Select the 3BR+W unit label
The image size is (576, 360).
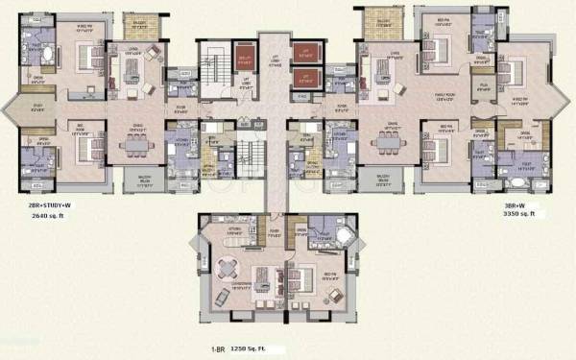point(517,205)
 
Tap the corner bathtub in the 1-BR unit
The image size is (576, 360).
point(342,235)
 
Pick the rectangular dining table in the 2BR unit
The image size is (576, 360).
point(133,145)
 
